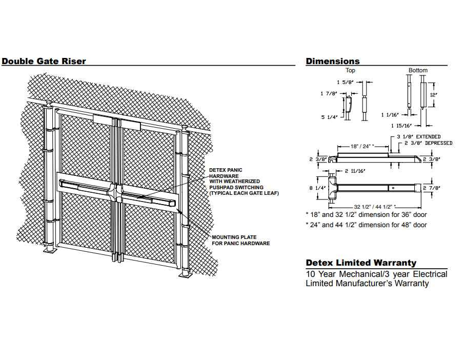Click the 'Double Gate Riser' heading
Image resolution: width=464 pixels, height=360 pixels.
pyautogui.click(x=44, y=61)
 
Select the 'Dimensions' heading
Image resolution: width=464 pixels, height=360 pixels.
pyautogui.click(x=333, y=61)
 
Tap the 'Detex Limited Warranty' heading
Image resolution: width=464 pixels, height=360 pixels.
pyautogui.click(x=361, y=263)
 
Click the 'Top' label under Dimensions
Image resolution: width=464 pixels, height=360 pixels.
pyautogui.click(x=350, y=70)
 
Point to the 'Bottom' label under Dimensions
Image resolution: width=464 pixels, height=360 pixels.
pyautogui.click(x=418, y=70)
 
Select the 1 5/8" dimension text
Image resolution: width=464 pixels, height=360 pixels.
pyautogui.click(x=345, y=82)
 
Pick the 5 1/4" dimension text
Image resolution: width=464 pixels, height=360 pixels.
pyautogui.click(x=330, y=117)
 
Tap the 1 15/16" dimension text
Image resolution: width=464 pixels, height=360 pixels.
pyautogui.click(x=401, y=126)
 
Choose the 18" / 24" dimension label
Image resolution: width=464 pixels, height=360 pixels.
pyautogui.click(x=363, y=146)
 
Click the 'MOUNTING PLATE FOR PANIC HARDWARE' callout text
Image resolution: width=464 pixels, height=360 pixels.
pyautogui.click(x=240, y=240)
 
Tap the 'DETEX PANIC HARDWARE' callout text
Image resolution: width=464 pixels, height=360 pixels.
pyautogui.click(x=226, y=173)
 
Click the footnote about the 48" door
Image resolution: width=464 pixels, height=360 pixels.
pyautogui.click(x=366, y=225)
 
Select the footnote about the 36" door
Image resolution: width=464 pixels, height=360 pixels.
pyautogui.click(x=366, y=214)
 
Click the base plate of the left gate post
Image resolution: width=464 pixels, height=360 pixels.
pyautogui.click(x=51, y=251)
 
